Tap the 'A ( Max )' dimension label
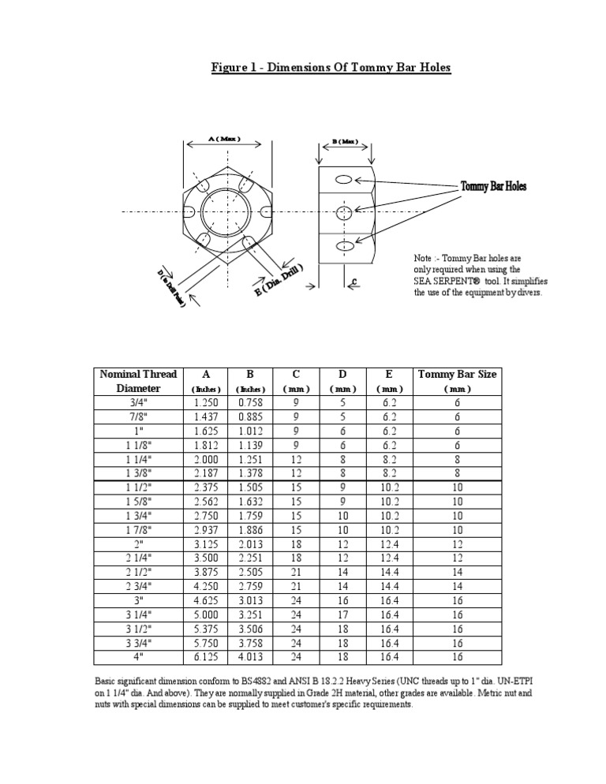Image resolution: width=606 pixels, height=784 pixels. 224,139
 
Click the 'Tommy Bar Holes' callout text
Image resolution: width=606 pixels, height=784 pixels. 493,187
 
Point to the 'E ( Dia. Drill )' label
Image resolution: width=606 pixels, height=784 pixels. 279,279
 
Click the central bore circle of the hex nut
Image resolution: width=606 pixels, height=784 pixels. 226,211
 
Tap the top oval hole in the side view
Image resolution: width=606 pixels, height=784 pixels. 343,181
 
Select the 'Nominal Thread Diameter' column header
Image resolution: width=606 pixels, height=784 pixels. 138,381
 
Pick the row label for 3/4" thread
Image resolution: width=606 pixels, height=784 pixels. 138,401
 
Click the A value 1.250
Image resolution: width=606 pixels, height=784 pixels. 206,401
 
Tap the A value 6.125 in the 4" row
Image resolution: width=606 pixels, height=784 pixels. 206,656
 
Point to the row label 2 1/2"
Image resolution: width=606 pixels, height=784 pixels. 138,571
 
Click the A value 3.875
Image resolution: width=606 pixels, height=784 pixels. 206,571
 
